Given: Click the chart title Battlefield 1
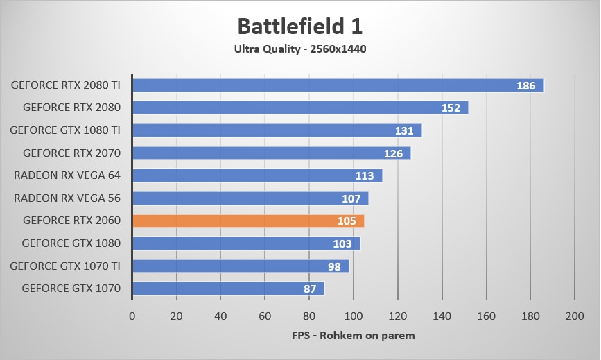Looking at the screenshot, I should coord(299,26).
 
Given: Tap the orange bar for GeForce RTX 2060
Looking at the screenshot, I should coord(248,221).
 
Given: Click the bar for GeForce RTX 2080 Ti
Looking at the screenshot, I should coord(338,85).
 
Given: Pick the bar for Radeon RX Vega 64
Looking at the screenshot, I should coord(257,175).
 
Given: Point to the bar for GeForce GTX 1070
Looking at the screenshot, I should coord(228,289).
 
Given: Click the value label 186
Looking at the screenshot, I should coord(526,86).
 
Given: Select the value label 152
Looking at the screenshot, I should coord(451,108).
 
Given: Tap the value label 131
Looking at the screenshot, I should coord(404,131).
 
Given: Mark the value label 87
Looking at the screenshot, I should coord(309,289).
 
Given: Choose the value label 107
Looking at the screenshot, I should coord(351,199).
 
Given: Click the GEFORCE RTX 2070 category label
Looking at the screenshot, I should coord(71,153).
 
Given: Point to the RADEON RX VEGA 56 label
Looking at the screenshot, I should coord(67,198).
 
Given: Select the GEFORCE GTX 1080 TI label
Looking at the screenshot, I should coord(65,130).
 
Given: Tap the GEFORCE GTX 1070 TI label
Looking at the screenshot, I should coord(65,265).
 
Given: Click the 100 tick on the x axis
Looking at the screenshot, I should coord(354,316).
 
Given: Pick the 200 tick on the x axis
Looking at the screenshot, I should coord(575,316).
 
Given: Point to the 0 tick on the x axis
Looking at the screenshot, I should coord(132,316).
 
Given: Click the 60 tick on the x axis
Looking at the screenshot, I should coord(265,316).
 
